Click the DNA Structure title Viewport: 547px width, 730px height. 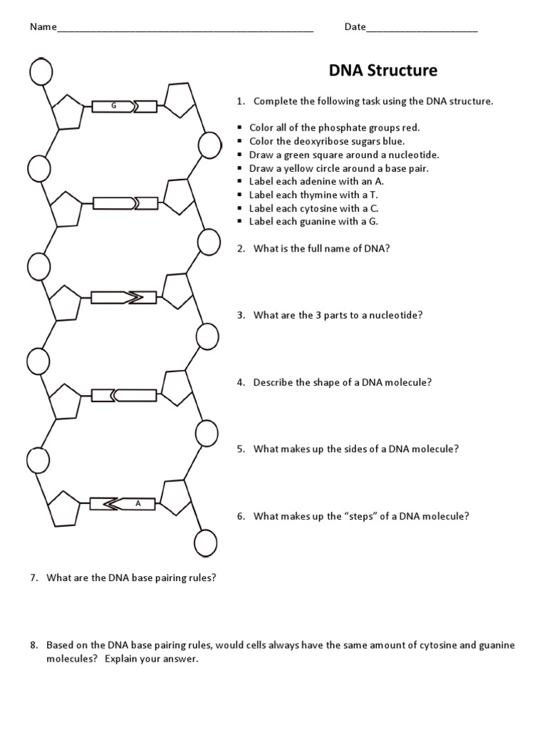pos(382,71)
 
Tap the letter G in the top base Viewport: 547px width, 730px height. pos(113,106)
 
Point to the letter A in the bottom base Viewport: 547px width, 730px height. pos(139,503)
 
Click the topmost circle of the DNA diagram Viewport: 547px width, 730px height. pos(40,70)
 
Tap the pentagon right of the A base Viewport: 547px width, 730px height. pos(175,498)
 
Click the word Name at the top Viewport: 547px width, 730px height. pos(42,27)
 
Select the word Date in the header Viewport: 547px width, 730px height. pos(355,27)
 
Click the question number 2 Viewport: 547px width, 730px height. pos(241,248)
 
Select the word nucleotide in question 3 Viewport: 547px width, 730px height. pos(396,315)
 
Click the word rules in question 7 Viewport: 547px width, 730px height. pos(203,577)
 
